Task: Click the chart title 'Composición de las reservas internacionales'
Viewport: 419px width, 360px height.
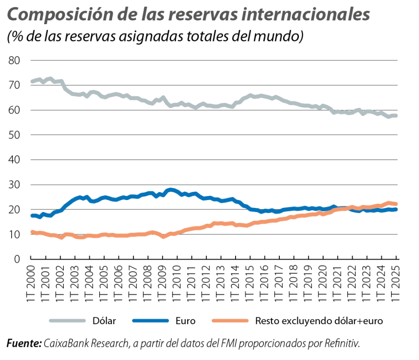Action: [189, 15]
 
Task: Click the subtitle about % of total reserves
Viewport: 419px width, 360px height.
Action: [155, 36]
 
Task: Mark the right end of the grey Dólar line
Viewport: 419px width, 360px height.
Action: [396, 116]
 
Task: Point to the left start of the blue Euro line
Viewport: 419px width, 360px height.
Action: [32, 215]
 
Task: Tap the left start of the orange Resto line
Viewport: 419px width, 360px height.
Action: [32, 232]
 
